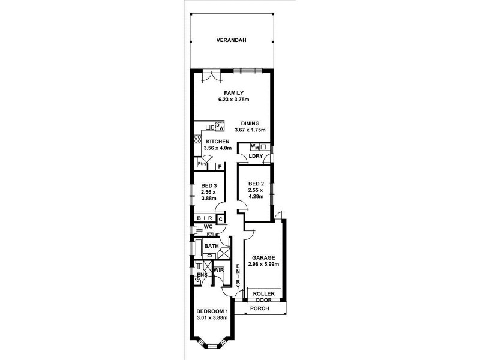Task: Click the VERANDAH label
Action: point(233,41)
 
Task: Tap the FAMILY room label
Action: point(233,92)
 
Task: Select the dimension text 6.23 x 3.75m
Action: point(233,100)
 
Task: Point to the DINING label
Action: point(250,123)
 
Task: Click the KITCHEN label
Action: point(218,142)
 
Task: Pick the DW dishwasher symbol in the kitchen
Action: point(220,127)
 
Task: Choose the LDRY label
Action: point(256,157)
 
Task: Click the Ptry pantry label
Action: point(202,164)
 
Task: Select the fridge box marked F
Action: point(219,165)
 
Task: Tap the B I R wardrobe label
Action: point(206,219)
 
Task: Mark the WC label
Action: point(208,227)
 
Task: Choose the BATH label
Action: point(211,246)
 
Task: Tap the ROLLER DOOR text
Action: point(264,296)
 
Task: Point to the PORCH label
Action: point(260,309)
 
